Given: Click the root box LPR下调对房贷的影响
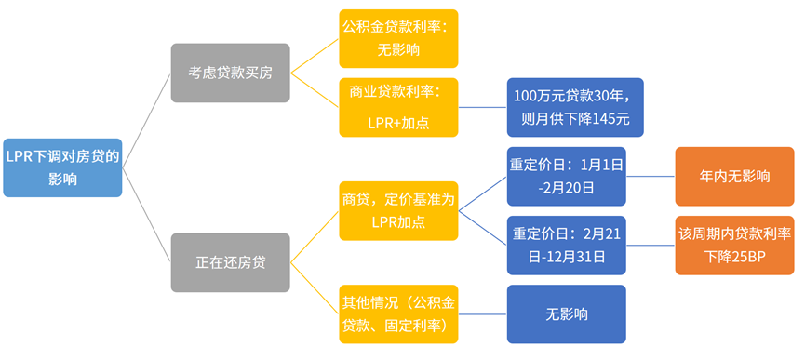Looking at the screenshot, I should point(62,167).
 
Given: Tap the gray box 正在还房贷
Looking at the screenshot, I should point(230,262).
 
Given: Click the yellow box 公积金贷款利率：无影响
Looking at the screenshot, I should point(398,39).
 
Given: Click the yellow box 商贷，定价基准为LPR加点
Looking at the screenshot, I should point(398,210).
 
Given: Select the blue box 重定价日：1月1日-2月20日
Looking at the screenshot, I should point(566,176).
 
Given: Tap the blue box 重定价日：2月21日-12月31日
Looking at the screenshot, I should point(566,245).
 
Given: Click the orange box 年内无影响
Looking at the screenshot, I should point(734,176).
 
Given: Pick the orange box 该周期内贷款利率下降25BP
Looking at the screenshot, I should point(734,245).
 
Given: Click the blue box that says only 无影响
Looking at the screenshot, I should point(566,313).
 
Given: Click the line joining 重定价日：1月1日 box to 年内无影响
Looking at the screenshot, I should point(651,176).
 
